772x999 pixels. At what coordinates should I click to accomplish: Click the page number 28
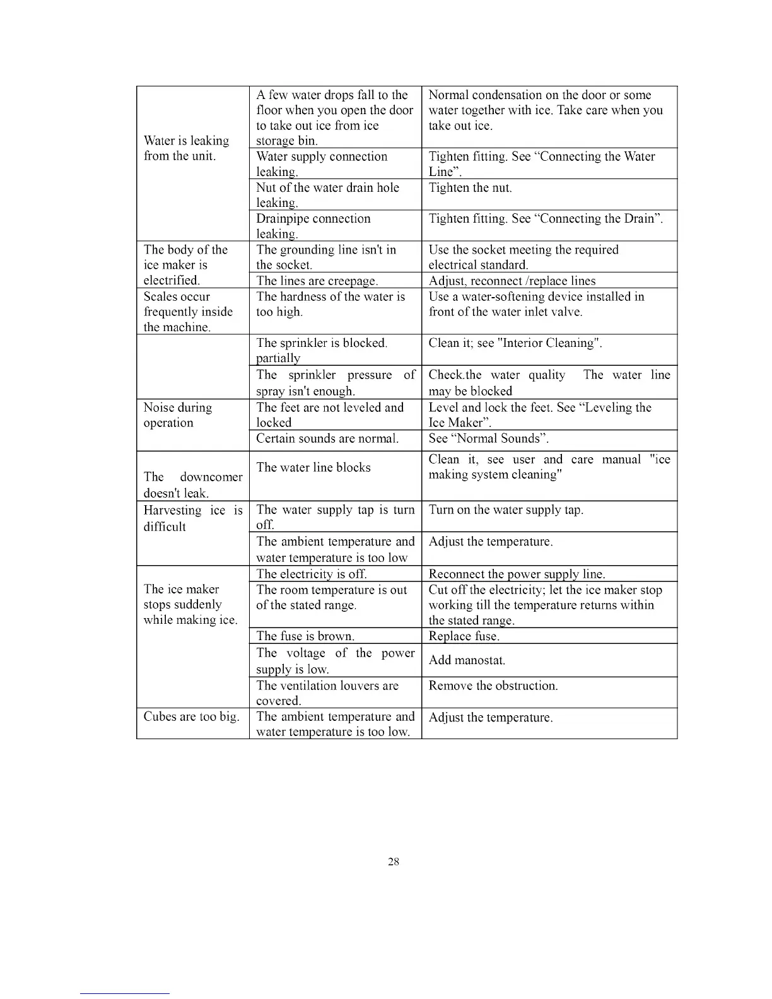coord(394,862)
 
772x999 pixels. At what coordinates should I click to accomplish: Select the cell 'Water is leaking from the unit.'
coord(187,149)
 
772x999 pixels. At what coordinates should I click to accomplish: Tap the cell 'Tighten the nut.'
coord(470,188)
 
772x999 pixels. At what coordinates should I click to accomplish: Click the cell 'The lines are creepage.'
coord(317,281)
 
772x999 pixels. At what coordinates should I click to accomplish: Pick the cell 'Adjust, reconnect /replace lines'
coord(512,281)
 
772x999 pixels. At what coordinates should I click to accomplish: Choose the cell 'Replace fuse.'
coord(464,636)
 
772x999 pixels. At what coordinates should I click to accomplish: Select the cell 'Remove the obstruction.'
coord(493,686)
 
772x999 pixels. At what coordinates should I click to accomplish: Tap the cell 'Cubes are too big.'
coord(191,717)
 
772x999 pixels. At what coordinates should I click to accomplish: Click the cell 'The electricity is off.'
coord(312,574)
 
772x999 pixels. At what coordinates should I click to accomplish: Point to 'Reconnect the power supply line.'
coord(517,574)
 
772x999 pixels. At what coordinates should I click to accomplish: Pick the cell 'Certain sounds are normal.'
coord(327,438)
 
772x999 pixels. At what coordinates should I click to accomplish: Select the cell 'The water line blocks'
coord(313,467)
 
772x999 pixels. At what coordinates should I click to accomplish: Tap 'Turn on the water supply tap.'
coord(506,510)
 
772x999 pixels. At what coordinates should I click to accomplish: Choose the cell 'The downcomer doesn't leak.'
coord(192,484)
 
